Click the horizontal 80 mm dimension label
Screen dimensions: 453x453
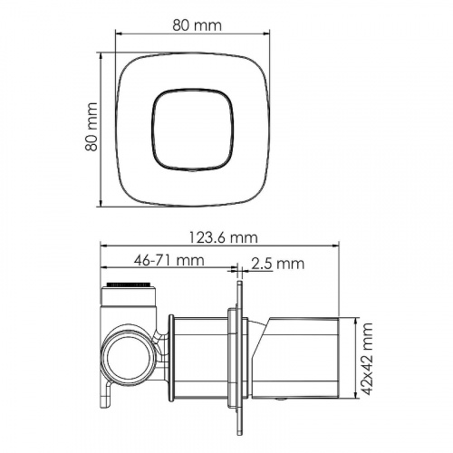[x=197, y=25]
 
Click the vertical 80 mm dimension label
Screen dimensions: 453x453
[x=92, y=127]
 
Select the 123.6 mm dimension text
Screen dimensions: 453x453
[x=224, y=237]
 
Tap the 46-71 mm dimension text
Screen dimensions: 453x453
[x=169, y=260]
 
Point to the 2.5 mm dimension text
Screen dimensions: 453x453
[x=278, y=264]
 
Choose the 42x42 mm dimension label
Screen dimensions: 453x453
[x=367, y=359]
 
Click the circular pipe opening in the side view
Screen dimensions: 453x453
[x=126, y=356]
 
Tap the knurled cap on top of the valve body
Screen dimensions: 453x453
[x=128, y=284]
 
